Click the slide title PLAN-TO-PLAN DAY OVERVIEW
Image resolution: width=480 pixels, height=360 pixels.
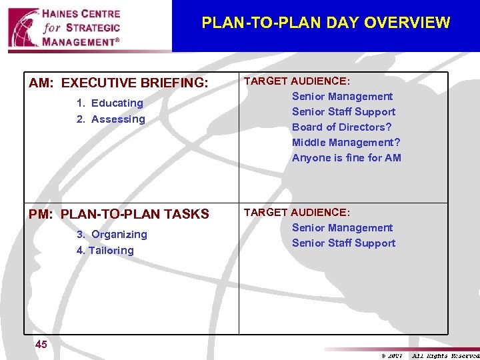coord(325,23)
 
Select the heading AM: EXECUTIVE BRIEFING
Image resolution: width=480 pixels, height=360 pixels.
coord(119,83)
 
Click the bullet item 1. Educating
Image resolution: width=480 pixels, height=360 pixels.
coord(110,103)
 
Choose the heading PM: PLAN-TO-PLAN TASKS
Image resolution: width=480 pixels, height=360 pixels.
coord(119,215)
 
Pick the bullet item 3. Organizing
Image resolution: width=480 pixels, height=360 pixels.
coord(112,235)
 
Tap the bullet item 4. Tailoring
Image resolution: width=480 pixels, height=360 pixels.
coord(105,251)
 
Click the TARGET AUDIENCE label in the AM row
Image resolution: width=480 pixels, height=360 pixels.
coord(297,81)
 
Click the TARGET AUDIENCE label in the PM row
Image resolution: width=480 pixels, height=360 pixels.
coord(297,213)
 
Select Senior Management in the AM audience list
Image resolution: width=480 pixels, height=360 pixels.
coord(342,97)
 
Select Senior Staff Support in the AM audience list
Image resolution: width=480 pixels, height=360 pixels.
coord(343,112)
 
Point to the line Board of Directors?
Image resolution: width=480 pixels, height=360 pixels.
coord(341,127)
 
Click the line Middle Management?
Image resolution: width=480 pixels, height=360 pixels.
coord(346,143)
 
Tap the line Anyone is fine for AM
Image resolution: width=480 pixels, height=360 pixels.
coord(347,158)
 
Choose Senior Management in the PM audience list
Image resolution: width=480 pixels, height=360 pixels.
coord(342,228)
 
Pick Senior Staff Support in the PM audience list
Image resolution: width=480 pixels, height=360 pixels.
coord(343,243)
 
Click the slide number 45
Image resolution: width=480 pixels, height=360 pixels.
coord(41,345)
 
